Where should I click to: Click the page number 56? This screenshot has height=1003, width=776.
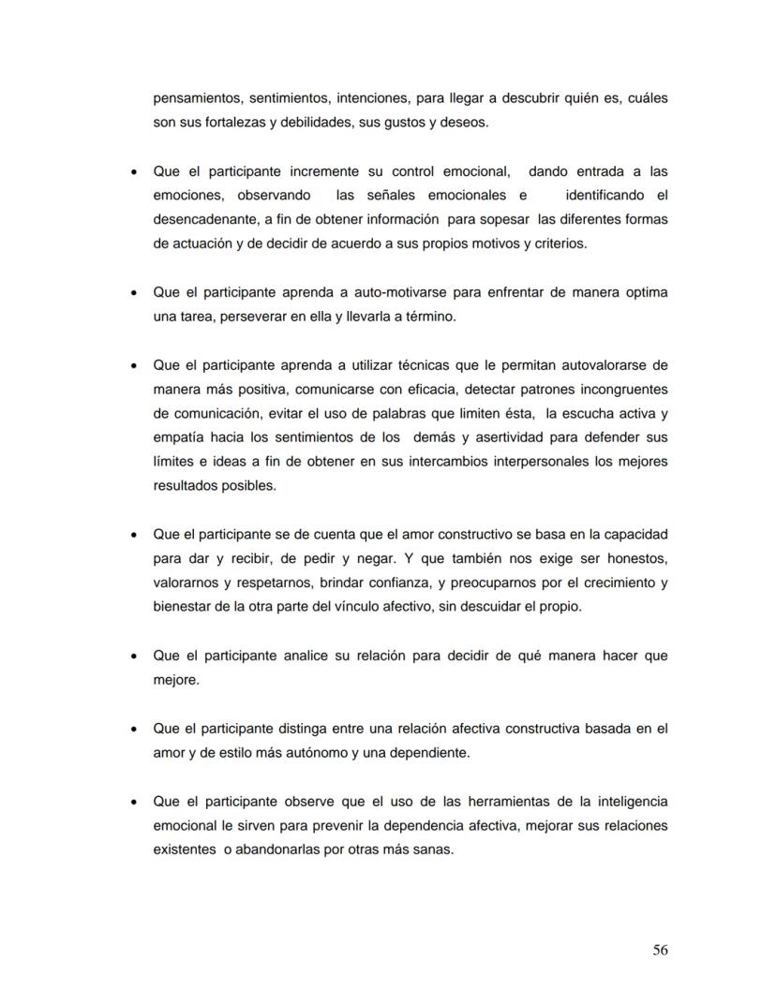(660, 950)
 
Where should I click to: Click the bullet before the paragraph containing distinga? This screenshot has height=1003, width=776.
(136, 729)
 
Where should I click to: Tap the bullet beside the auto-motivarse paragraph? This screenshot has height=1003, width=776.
(136, 292)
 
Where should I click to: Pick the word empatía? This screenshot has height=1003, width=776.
(179, 437)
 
